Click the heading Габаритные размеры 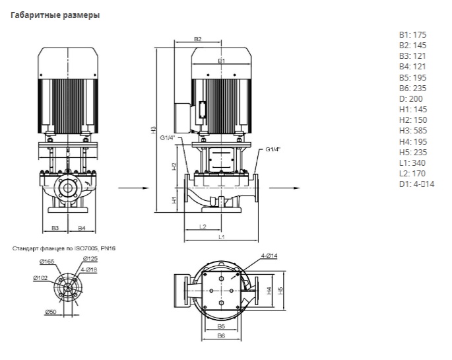[56, 15]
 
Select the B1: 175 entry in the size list [413, 35]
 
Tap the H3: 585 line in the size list [413, 131]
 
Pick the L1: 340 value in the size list [412, 162]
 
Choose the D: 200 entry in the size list [411, 99]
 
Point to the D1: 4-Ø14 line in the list [417, 184]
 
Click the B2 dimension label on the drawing [197, 40]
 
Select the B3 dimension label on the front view [56, 228]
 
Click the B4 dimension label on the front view [81, 228]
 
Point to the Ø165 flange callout [41, 263]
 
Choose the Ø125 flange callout [90, 258]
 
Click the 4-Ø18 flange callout [90, 269]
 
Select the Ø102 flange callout [40, 278]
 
